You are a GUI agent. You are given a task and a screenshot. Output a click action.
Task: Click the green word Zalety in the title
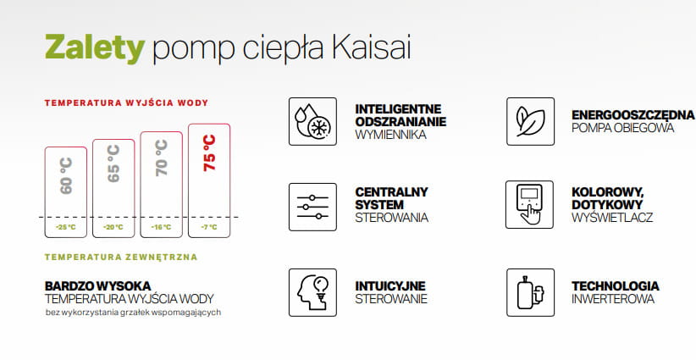[x=95, y=48]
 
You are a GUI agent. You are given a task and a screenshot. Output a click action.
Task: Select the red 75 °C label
[x=209, y=153]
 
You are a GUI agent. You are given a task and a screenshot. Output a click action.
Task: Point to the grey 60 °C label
[x=66, y=176]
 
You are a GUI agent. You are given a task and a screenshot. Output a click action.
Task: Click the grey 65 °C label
[x=113, y=163]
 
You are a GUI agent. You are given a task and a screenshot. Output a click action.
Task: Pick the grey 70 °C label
[x=162, y=158]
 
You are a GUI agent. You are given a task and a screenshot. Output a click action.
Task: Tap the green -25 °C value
[x=66, y=227]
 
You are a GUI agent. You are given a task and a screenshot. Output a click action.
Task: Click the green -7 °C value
[x=209, y=227]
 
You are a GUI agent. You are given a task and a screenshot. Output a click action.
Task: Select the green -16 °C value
[x=161, y=227]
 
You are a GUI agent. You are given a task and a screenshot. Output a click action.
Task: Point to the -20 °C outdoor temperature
[x=113, y=227]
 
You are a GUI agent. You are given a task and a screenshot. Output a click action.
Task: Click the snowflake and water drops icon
[x=312, y=121]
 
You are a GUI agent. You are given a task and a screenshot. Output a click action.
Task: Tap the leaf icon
[x=530, y=121]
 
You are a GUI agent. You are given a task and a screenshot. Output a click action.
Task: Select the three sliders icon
[x=312, y=207]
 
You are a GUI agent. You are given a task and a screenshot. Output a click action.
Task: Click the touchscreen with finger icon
[x=529, y=205]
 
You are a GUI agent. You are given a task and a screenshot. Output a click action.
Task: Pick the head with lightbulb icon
[x=312, y=292]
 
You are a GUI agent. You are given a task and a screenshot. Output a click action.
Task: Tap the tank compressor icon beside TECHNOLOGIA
[x=530, y=292]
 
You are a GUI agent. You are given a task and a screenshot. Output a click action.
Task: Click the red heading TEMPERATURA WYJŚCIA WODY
[x=126, y=103]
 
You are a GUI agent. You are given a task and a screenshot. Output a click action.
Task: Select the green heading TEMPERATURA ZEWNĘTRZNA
[x=121, y=257]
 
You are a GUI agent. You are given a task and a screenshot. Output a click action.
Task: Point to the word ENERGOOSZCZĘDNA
[x=633, y=115]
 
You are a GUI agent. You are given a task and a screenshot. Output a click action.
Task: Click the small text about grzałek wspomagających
[x=133, y=313]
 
